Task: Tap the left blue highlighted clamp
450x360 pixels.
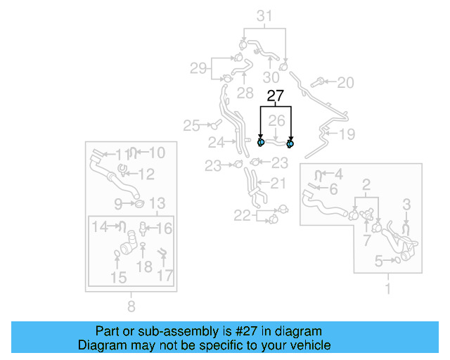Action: tap(261, 142)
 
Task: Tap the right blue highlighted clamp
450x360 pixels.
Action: tap(290, 143)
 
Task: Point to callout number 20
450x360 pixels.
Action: tap(345, 83)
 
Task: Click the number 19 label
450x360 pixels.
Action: tap(347, 134)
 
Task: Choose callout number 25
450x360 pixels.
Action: tap(192, 126)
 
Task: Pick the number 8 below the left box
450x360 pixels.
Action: tap(131, 305)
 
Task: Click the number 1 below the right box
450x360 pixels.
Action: tap(387, 288)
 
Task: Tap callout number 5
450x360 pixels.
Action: tap(378, 262)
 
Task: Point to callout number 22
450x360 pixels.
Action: tap(242, 216)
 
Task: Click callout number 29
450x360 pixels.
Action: tap(198, 68)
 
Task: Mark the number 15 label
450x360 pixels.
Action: tap(118, 278)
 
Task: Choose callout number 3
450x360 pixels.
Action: tap(406, 205)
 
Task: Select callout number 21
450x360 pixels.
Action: tap(278, 184)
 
